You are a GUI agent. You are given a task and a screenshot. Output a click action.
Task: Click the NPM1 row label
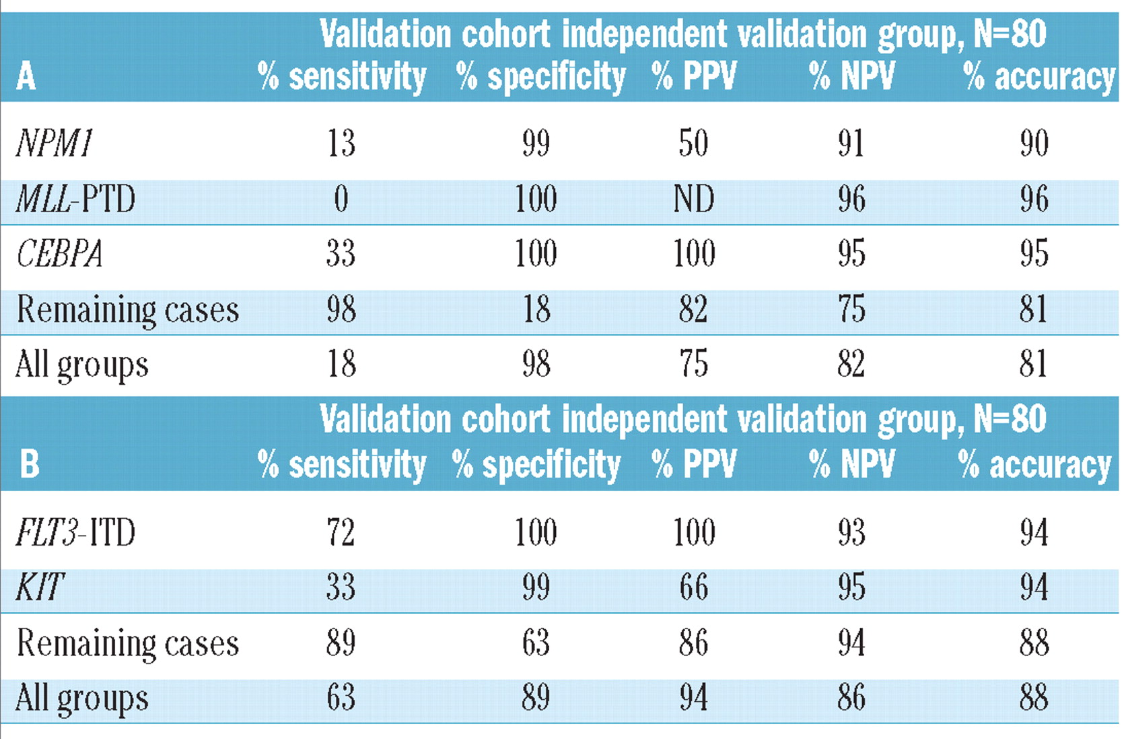(54, 143)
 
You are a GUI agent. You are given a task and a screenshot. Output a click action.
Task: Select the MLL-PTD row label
(75, 199)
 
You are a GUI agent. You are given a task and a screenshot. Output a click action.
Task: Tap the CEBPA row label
(59, 255)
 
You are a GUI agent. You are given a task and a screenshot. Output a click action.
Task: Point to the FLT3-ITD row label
(75, 532)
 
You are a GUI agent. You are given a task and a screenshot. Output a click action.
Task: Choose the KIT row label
(40, 587)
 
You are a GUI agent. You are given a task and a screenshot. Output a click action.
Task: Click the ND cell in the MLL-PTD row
(694, 199)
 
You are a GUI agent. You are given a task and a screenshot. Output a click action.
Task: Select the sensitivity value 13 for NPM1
(341, 143)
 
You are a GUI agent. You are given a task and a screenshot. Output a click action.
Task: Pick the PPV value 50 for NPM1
(693, 143)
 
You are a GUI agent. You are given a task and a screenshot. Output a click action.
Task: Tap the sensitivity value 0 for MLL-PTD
(341, 199)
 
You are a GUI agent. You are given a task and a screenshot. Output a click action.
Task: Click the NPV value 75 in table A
(851, 310)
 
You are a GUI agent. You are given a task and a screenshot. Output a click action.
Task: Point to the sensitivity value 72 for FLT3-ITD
(341, 532)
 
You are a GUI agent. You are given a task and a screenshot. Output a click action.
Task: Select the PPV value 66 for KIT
(693, 587)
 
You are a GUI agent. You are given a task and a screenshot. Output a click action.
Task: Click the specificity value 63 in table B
(536, 642)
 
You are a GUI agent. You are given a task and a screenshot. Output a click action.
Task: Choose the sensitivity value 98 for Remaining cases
(341, 310)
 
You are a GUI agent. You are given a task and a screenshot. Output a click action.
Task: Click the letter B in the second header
(29, 464)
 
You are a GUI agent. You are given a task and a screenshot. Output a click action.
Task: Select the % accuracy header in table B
(1034, 464)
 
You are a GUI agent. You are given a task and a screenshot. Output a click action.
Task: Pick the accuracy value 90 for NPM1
(1034, 143)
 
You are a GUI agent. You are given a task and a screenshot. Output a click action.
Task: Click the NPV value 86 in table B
(851, 697)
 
